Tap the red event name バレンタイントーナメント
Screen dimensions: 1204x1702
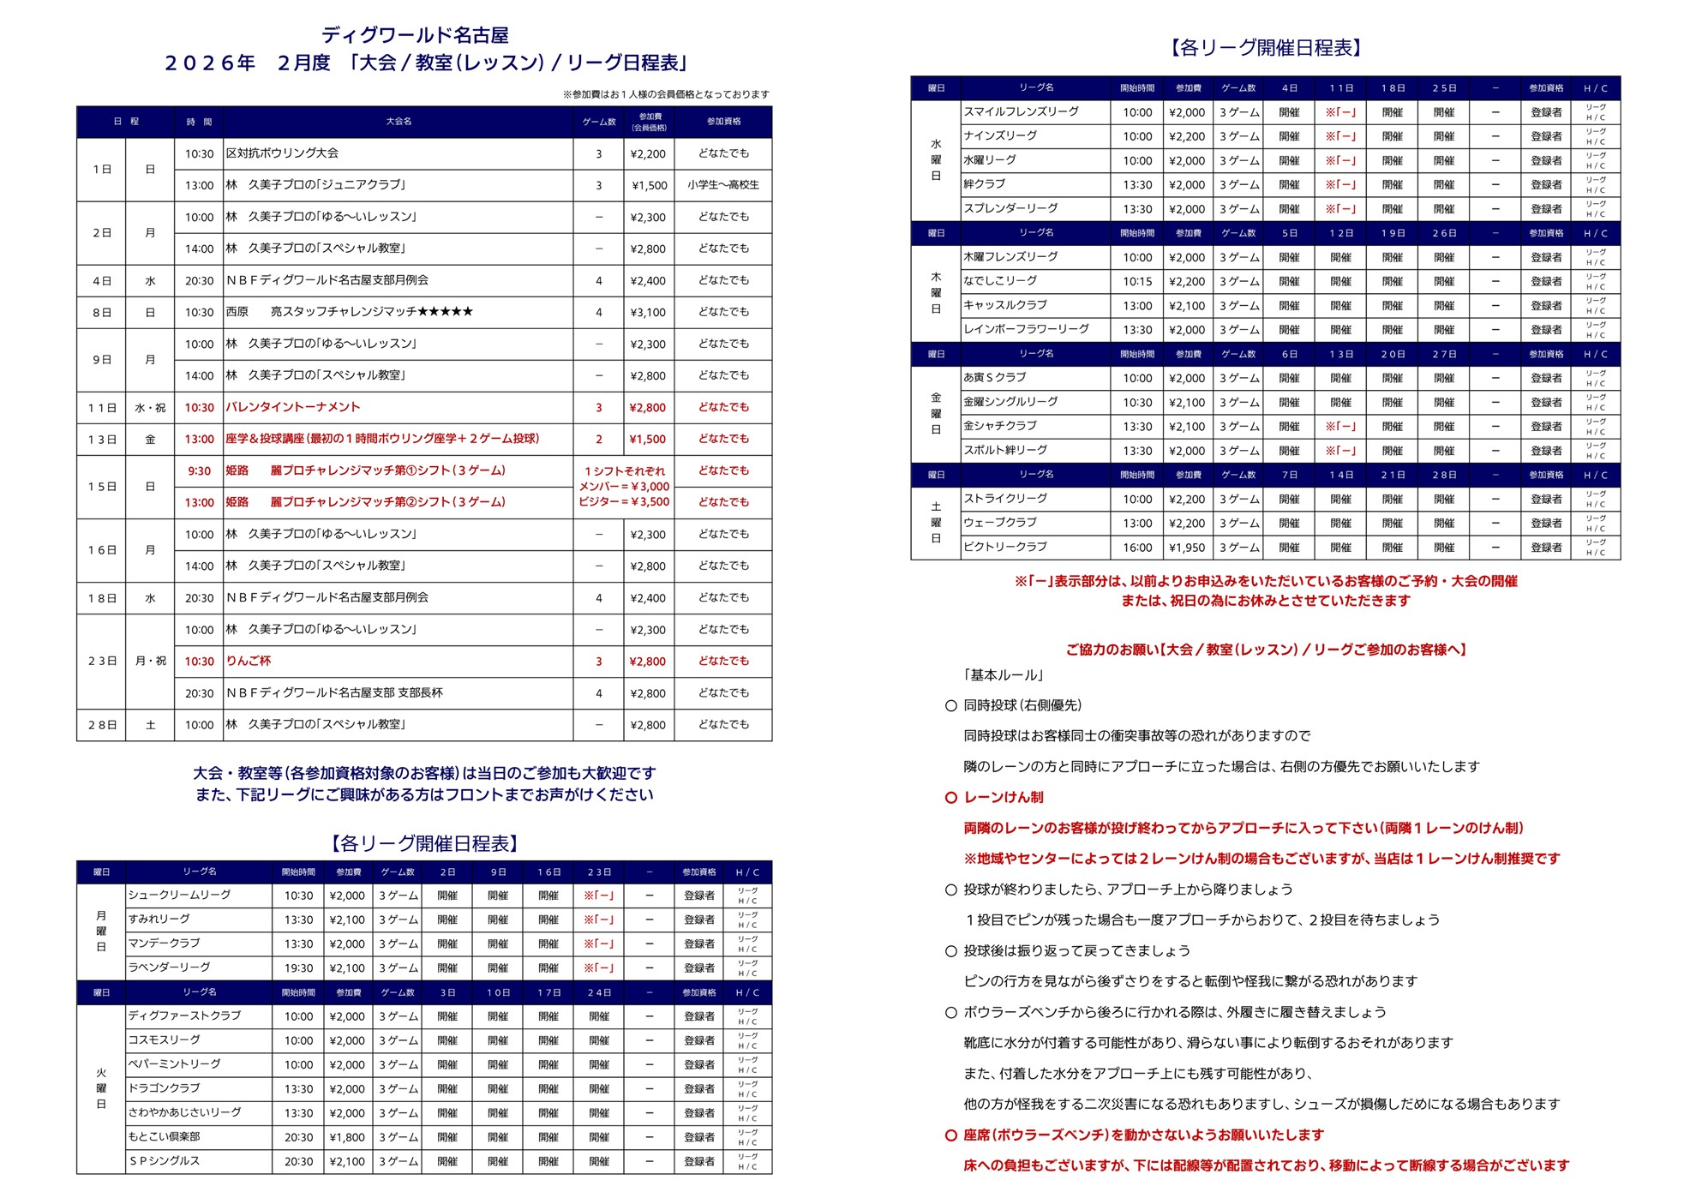pyautogui.click(x=292, y=407)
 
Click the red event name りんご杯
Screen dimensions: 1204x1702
pyautogui.click(x=249, y=661)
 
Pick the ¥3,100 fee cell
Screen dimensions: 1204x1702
pyautogui.click(x=647, y=312)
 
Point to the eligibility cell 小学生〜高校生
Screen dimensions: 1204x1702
pyautogui.click(x=722, y=185)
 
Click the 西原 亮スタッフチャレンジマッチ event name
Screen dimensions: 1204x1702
pyautogui.click(x=349, y=312)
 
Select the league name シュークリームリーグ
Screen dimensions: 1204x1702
pyautogui.click(x=179, y=895)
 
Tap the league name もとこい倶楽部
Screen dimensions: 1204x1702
pyautogui.click(x=164, y=1136)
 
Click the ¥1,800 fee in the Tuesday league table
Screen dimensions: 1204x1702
pyautogui.click(x=346, y=1137)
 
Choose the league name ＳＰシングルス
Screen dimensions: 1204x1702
pyautogui.click(x=164, y=1161)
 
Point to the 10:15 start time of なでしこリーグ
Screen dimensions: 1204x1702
pyautogui.click(x=1137, y=281)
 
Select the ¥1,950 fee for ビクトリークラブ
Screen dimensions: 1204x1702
pyautogui.click(x=1186, y=548)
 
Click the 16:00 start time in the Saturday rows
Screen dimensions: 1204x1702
pyautogui.click(x=1137, y=548)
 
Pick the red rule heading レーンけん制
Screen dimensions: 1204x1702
pyautogui.click(x=1003, y=797)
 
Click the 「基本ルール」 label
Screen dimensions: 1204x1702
pyautogui.click(x=1003, y=675)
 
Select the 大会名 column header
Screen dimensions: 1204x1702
pyautogui.click(x=399, y=122)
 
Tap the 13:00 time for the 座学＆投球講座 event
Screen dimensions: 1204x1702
pyautogui.click(x=199, y=439)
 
